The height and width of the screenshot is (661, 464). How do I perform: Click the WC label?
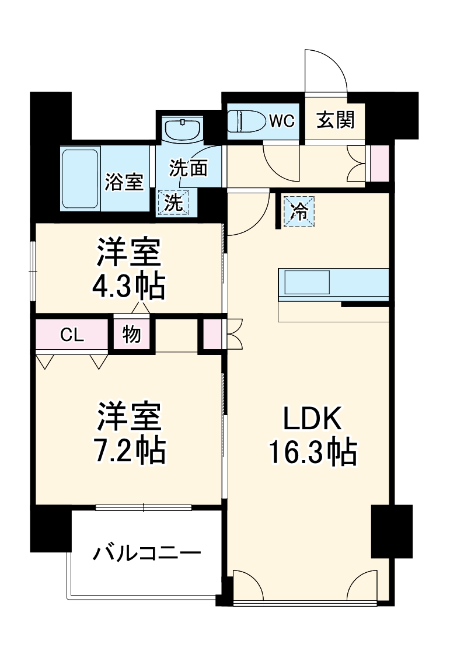tap(281, 121)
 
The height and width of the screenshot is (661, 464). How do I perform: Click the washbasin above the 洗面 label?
tap(183, 128)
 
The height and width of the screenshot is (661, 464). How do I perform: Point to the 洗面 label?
tap(189, 168)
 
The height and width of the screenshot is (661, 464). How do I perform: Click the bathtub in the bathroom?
tap(81, 178)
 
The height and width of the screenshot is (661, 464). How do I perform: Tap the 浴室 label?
tap(124, 182)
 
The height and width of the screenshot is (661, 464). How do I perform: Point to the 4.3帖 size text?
tap(129, 286)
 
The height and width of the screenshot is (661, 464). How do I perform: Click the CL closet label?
tap(73, 335)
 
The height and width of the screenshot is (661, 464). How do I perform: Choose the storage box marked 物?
tap(131, 336)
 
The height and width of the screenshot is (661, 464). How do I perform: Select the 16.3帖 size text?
tap(312, 452)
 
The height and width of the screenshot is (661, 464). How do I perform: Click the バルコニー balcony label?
tap(146, 552)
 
